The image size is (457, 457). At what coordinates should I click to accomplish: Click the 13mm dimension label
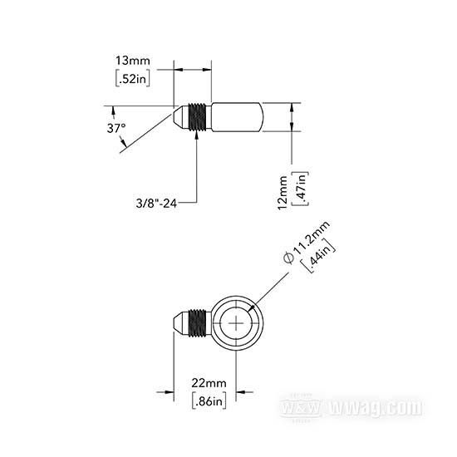[133, 61]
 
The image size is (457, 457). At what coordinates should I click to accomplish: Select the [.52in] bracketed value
[133, 78]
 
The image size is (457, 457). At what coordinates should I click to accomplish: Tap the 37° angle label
[116, 128]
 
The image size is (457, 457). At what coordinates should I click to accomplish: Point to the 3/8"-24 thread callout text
[156, 203]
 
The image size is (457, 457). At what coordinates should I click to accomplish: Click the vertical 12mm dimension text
[283, 193]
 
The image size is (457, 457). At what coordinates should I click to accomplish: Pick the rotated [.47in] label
[300, 189]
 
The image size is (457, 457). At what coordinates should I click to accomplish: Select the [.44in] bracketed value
[318, 256]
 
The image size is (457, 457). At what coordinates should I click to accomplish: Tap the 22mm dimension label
[209, 383]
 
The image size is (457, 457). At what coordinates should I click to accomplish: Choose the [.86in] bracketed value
[209, 400]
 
